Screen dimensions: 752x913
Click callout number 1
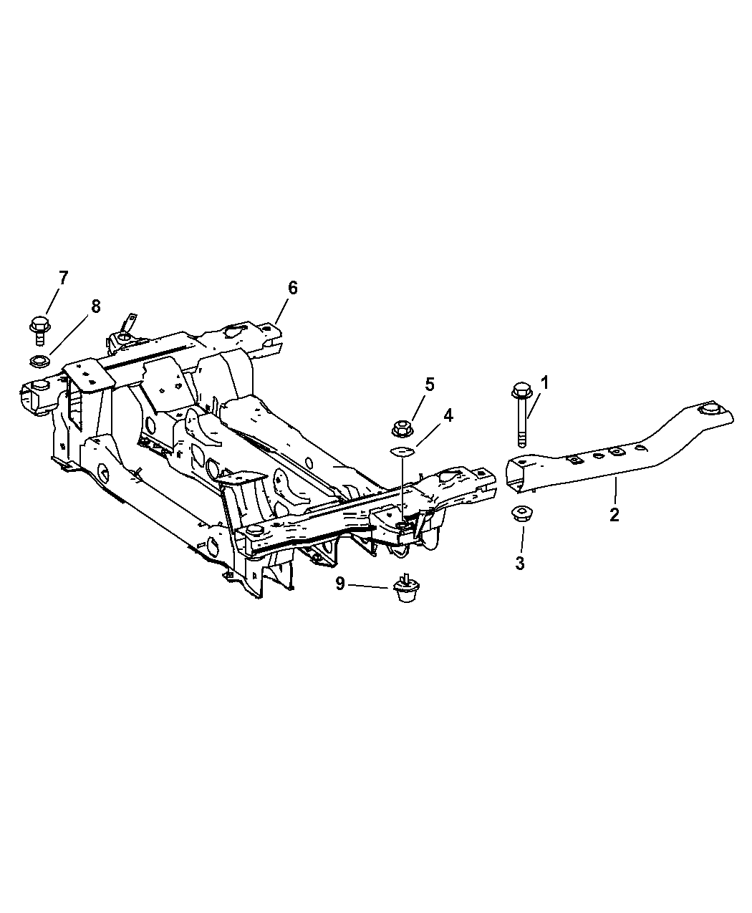[x=544, y=383]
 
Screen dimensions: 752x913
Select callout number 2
[x=614, y=515]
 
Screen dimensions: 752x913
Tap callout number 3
[x=520, y=563]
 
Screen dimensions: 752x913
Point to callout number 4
[x=448, y=415]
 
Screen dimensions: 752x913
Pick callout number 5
[x=430, y=385]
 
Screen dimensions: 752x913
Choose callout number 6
[x=293, y=288]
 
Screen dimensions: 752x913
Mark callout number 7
[x=64, y=278]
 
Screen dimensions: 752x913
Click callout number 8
[x=96, y=306]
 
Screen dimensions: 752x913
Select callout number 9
[x=340, y=584]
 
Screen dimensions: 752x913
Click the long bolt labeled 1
[x=521, y=415]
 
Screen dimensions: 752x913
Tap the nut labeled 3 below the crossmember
[x=520, y=513]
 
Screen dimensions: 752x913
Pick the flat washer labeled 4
[x=401, y=451]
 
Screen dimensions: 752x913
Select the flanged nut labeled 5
[x=401, y=428]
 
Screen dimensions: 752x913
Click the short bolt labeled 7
[x=40, y=330]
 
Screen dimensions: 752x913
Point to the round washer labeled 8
[x=40, y=361]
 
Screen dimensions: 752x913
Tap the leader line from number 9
[x=368, y=586]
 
